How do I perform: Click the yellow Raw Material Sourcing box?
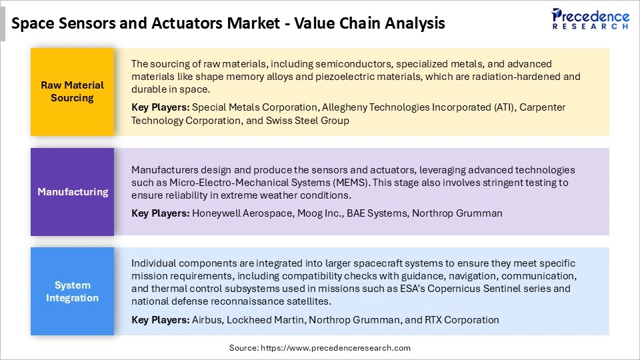click(x=72, y=91)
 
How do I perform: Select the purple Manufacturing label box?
click(x=72, y=191)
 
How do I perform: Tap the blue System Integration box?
click(x=72, y=291)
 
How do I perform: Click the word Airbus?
click(x=207, y=319)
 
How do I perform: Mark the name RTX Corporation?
click(x=461, y=319)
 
